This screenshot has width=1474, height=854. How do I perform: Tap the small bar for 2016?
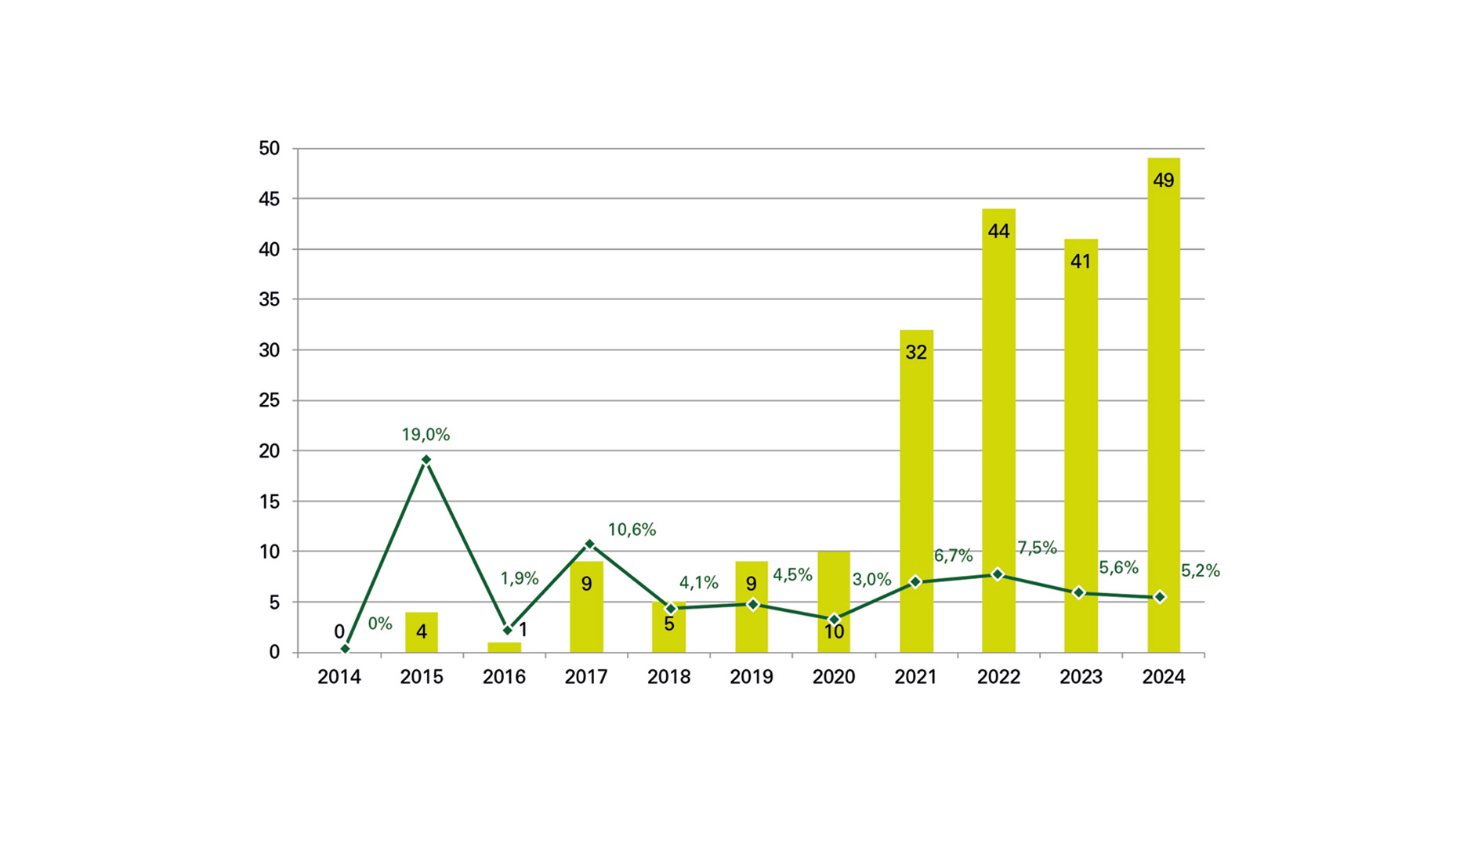(504, 647)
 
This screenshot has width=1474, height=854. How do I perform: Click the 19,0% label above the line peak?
(426, 434)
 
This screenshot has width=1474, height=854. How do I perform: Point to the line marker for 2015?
(426, 460)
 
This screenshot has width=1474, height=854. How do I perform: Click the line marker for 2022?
(998, 574)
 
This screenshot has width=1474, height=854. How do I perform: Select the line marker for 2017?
(590, 544)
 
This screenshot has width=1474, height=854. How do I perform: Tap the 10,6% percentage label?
(632, 530)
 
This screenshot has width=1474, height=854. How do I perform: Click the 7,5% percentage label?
(1037, 548)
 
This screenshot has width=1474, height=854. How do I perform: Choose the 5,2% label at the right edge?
(1200, 570)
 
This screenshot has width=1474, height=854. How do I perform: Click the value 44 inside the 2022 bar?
(998, 231)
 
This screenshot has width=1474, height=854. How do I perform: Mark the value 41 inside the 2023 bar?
(1081, 262)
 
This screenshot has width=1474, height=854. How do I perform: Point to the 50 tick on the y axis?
(269, 148)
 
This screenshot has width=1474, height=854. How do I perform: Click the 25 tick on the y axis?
(269, 400)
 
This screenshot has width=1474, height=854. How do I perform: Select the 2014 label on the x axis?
(339, 677)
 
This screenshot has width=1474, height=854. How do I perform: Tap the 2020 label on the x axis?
(833, 677)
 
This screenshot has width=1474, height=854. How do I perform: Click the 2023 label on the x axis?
(1081, 677)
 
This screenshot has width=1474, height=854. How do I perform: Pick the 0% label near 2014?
(380, 624)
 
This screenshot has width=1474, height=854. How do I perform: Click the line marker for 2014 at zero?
(345, 649)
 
